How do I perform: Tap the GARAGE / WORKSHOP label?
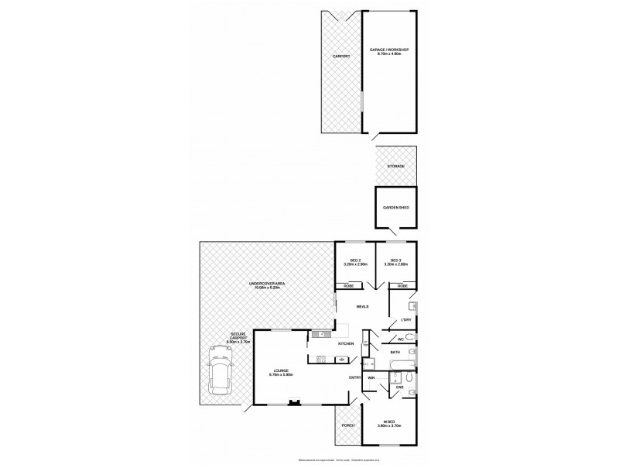pyautogui.click(x=392, y=51)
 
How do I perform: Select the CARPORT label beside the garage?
pyautogui.click(x=340, y=57)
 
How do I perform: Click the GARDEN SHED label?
pyautogui.click(x=395, y=208)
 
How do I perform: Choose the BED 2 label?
pyautogui.click(x=354, y=262)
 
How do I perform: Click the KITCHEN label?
pyautogui.click(x=346, y=343)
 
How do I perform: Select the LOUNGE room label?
pyautogui.click(x=279, y=373)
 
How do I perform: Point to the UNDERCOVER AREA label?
pyautogui.click(x=267, y=286)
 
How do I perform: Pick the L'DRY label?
pyautogui.click(x=404, y=320)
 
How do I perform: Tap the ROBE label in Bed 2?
pyautogui.click(x=349, y=286)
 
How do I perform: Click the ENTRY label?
pyautogui.click(x=355, y=377)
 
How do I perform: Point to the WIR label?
pyautogui.click(x=371, y=377)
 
